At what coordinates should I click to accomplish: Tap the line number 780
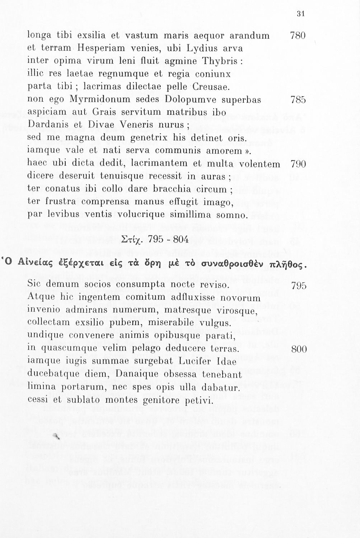[298, 36]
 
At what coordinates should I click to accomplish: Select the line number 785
[298, 100]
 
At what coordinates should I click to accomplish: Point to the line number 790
[298, 164]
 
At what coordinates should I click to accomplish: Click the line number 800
[299, 349]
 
